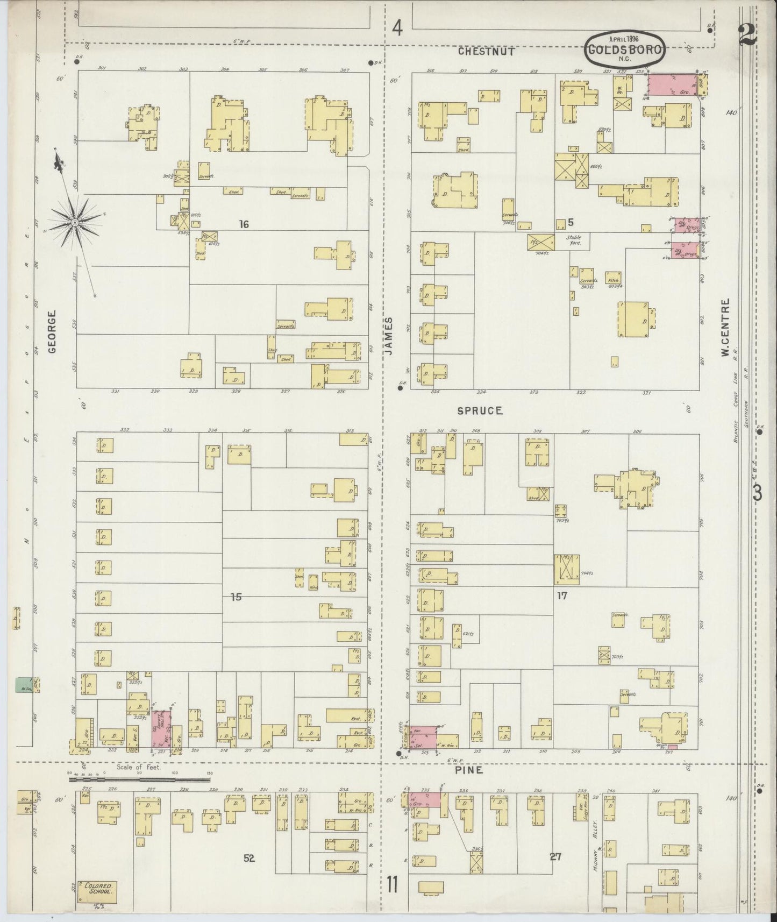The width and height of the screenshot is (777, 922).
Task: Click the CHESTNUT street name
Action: tap(487, 52)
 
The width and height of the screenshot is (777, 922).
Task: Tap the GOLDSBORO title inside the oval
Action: tap(624, 49)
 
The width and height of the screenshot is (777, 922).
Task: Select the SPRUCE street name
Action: tap(480, 410)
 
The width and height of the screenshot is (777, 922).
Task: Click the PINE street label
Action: tap(469, 770)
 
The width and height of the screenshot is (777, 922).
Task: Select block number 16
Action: tap(244, 224)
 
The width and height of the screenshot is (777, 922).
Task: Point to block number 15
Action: tap(236, 597)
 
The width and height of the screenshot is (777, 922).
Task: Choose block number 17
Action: tap(562, 596)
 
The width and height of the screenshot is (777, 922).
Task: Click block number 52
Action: tap(248, 859)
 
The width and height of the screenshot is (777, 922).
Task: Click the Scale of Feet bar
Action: tap(139, 778)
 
